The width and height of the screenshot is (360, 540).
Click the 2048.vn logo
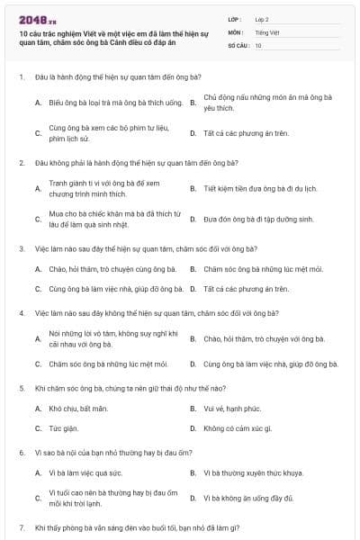point(37,19)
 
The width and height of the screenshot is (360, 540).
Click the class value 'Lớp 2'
point(262,19)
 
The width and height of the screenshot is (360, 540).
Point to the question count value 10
point(258,44)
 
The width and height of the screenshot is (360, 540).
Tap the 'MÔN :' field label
point(236,31)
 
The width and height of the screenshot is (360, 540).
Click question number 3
point(20,248)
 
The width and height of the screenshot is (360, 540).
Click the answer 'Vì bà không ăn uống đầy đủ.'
point(248,498)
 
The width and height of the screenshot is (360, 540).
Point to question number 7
point(20,526)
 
